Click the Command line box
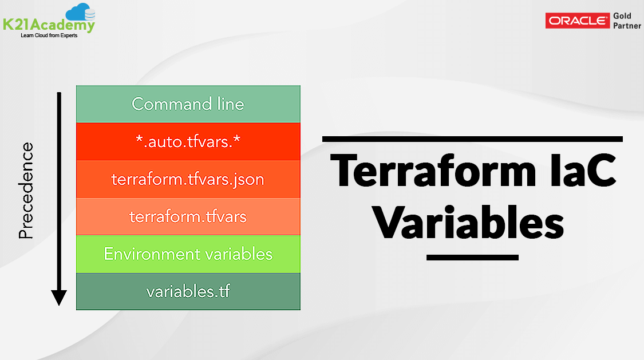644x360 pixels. [x=188, y=104]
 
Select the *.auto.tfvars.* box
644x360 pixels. [x=188, y=141]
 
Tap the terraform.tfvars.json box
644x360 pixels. [x=188, y=179]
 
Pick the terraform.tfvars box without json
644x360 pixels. [x=188, y=216]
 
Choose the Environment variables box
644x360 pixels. [x=188, y=254]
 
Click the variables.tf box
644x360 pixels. [x=188, y=291]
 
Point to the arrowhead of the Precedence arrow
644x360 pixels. [x=59, y=298]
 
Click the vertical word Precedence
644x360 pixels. [x=26, y=191]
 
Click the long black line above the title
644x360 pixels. [x=472, y=139]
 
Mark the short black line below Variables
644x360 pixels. [x=472, y=258]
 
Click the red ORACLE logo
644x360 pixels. [x=577, y=21]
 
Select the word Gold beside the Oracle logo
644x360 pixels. [x=622, y=16]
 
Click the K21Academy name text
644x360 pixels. [x=49, y=25]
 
